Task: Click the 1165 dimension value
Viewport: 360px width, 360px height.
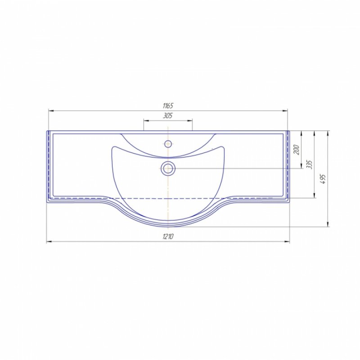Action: tap(168, 106)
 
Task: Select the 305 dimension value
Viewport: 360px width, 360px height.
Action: tap(168, 116)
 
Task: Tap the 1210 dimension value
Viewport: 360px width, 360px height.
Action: tap(168, 236)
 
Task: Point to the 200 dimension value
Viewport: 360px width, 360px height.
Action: tap(297, 150)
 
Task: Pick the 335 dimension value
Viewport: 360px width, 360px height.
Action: tap(310, 165)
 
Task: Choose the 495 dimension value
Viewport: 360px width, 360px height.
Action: tap(323, 179)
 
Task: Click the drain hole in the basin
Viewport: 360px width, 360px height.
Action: tap(168, 168)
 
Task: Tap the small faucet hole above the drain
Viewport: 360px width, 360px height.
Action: tap(168, 144)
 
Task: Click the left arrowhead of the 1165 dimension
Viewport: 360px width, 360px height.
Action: tap(51, 111)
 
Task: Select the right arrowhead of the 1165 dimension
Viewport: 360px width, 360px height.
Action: tap(285, 111)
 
